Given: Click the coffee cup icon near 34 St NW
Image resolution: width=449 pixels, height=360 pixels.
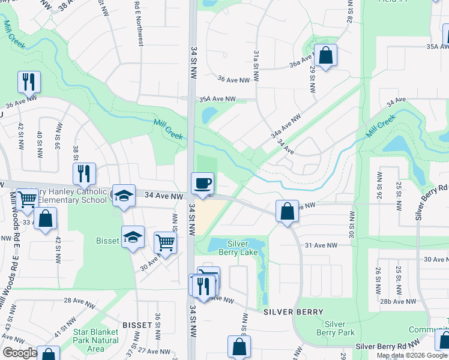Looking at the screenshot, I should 202,183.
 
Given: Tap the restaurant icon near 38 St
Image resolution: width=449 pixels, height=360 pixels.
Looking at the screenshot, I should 84,174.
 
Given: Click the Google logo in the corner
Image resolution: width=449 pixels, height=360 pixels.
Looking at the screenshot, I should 19,353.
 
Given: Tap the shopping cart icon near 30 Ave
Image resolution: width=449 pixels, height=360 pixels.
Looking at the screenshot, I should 165,243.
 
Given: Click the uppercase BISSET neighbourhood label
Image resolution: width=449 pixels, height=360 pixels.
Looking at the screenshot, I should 137,325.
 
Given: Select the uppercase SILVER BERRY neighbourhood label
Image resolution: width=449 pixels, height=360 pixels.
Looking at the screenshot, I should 294,312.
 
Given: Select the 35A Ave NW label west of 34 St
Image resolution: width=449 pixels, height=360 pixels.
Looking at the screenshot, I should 217,99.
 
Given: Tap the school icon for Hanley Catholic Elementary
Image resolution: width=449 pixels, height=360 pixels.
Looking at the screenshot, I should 124,196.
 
